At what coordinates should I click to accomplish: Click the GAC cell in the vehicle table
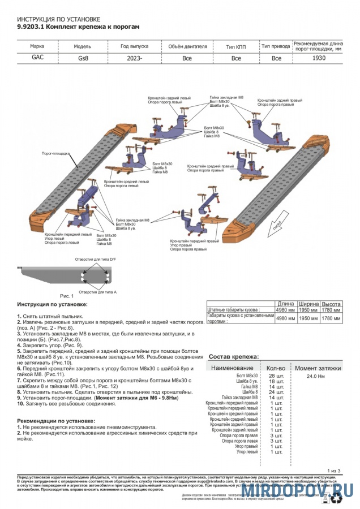click(x=37, y=58)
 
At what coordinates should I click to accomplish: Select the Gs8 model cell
click(x=82, y=58)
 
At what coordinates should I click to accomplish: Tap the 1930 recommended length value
click(x=319, y=58)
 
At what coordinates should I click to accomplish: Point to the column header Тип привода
click(x=276, y=46)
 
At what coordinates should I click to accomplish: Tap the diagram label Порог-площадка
click(x=55, y=153)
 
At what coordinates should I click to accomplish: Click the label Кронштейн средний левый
click(x=127, y=182)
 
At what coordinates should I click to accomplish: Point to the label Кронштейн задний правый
click(x=280, y=100)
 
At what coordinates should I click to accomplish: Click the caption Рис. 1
click(x=67, y=295)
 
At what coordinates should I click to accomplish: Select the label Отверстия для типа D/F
click(x=95, y=259)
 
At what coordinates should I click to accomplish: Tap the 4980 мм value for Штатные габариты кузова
click(x=285, y=310)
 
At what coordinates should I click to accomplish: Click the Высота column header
click(x=331, y=304)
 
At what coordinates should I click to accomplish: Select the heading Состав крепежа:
click(x=234, y=357)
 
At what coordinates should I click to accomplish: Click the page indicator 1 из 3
click(x=333, y=471)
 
